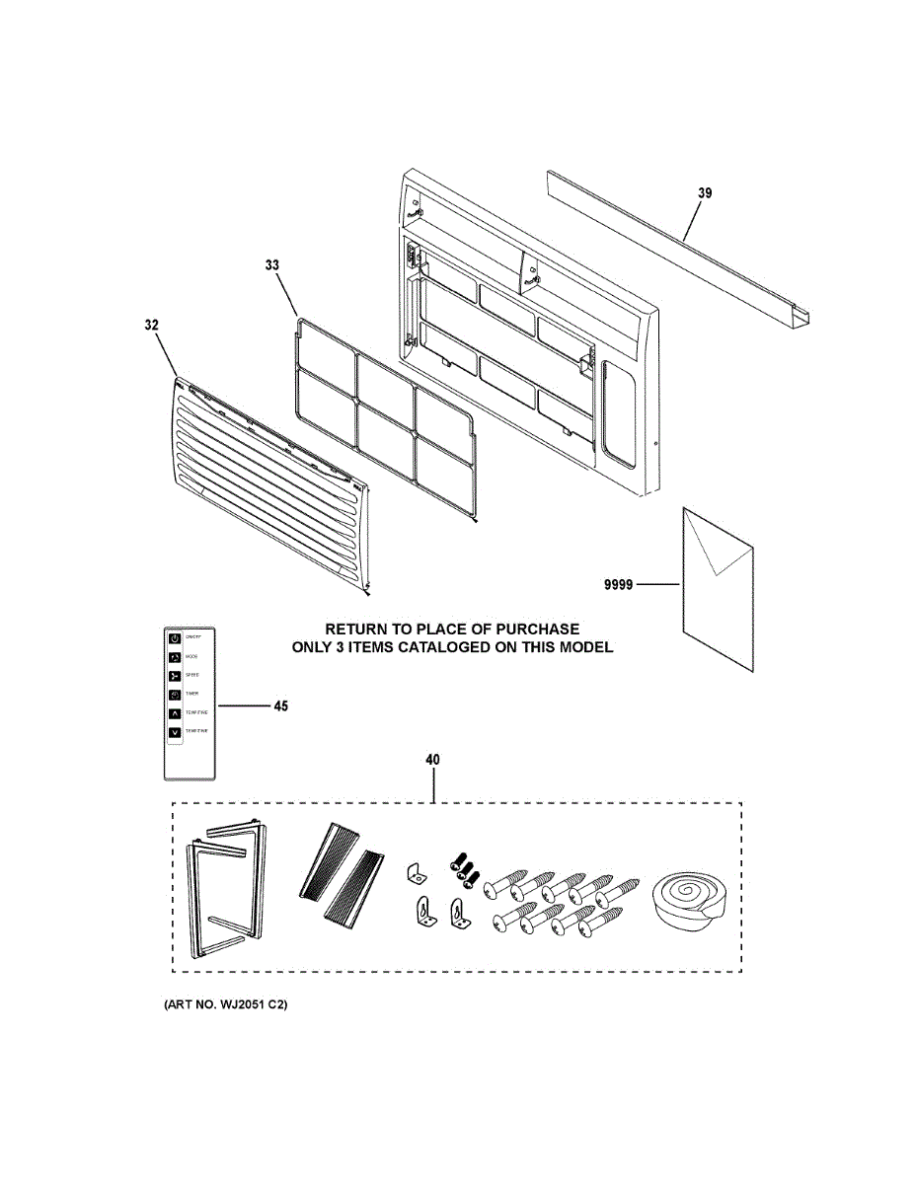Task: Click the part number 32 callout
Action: coord(151,325)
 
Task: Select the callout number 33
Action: coord(272,264)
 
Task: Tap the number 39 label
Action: coord(704,193)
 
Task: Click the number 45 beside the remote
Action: coord(281,706)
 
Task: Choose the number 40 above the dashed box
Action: coord(432,760)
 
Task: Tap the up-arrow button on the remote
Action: coord(175,711)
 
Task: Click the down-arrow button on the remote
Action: coord(175,732)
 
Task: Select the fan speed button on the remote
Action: coord(175,675)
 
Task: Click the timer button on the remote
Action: coord(175,694)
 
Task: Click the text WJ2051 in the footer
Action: coord(235,1004)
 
